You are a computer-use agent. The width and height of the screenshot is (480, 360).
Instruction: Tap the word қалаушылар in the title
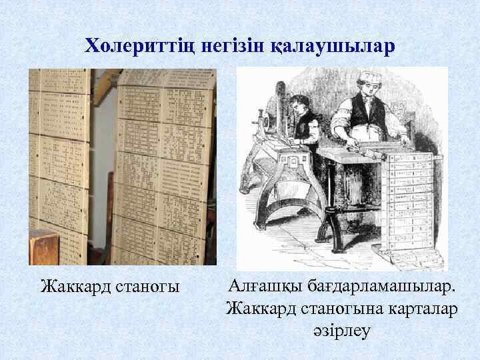click(x=333, y=46)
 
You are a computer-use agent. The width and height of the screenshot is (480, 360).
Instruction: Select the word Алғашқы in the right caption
click(x=263, y=287)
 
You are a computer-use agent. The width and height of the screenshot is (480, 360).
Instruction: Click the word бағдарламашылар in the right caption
click(x=380, y=287)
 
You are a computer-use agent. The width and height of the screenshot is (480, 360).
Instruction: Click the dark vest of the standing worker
click(x=363, y=110)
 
